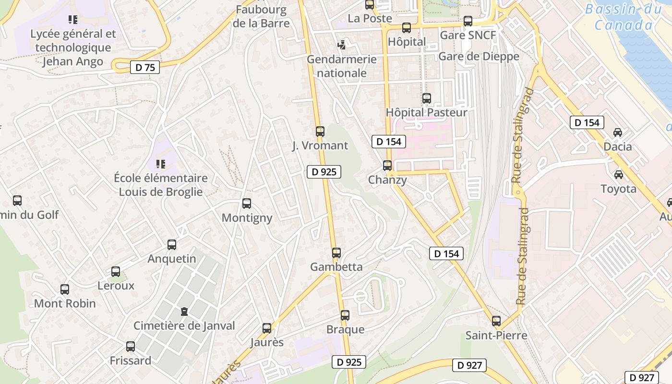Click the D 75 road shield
[x=145, y=67]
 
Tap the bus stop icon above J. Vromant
[x=320, y=131]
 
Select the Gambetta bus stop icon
[x=336, y=252]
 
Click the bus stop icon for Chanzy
[x=387, y=166]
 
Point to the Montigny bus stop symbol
[x=247, y=204]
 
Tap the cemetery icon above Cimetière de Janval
[x=184, y=312]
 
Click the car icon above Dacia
[x=618, y=132]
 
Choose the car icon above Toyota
[x=619, y=174]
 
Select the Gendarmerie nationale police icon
[x=341, y=45]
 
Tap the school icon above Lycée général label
[x=73, y=20]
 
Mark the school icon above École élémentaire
[x=161, y=164]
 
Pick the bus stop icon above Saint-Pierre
[x=496, y=321]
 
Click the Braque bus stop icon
[x=345, y=315]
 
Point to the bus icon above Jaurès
[x=267, y=328]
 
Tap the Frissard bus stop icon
[x=131, y=347]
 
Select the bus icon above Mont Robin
[x=65, y=289]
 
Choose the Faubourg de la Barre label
[x=261, y=16]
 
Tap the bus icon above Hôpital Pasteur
[x=427, y=98]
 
